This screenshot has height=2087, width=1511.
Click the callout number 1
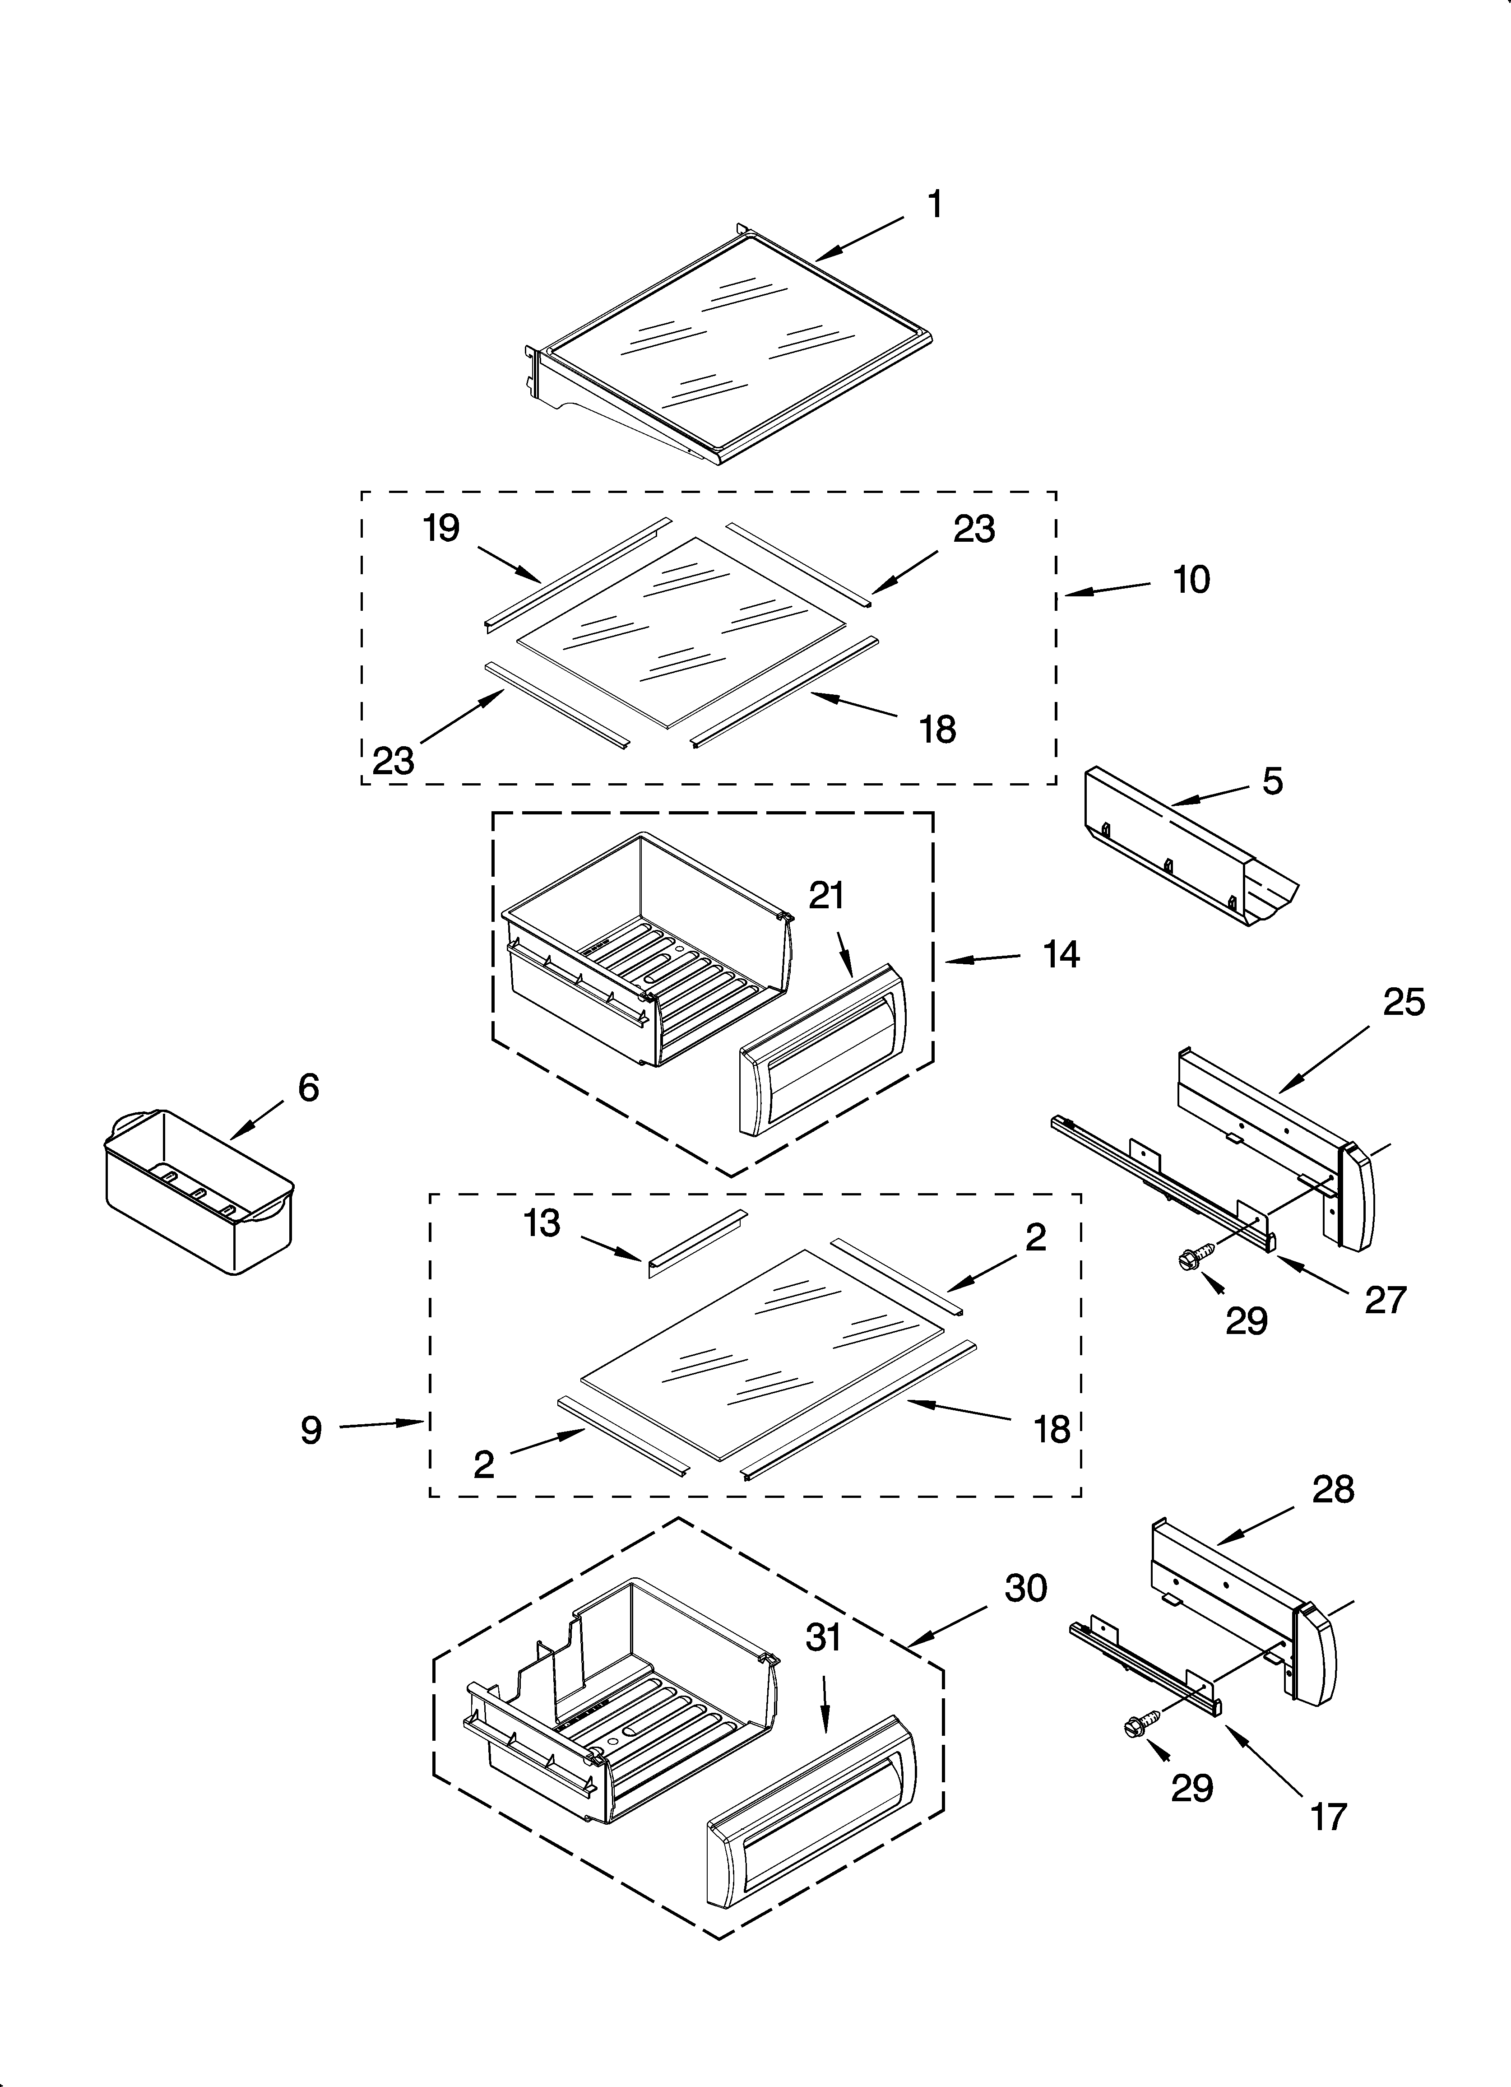pos(934,205)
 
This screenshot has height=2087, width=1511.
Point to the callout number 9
pos(311,1429)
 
